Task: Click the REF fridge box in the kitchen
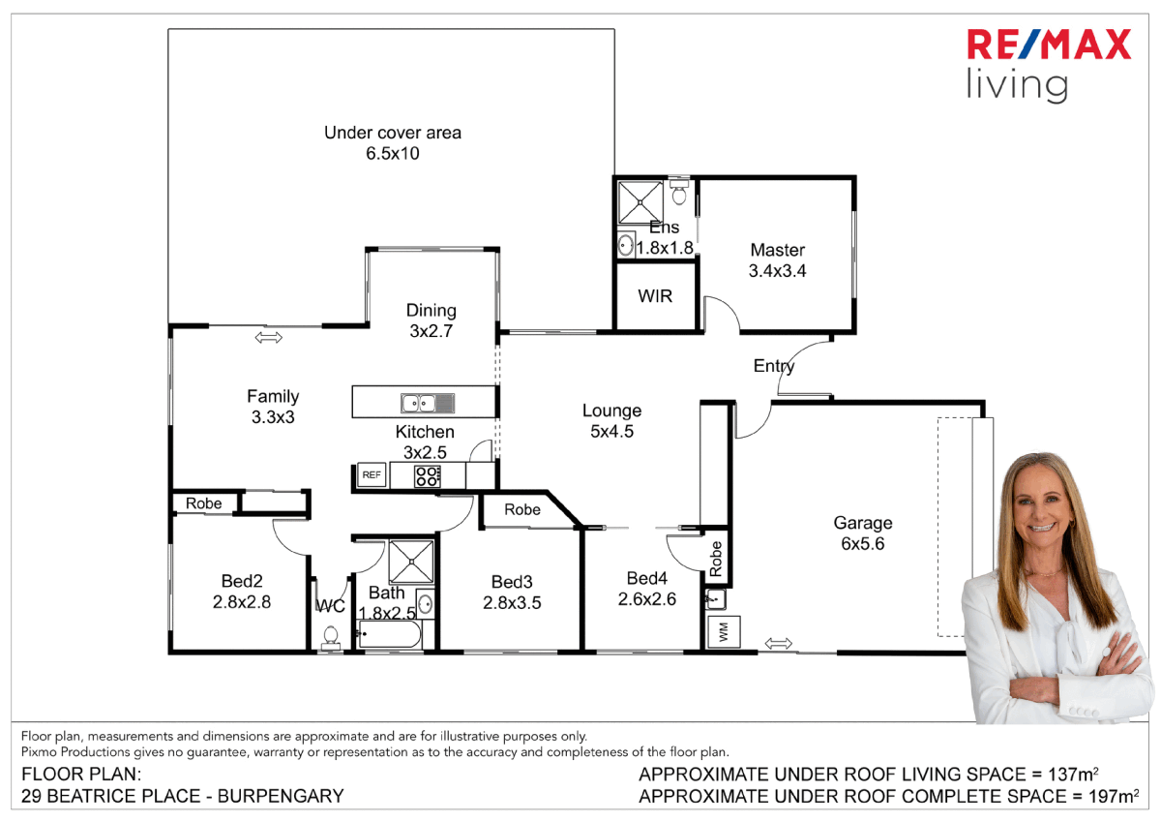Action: pyautogui.click(x=372, y=475)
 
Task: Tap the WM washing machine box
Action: pyautogui.click(x=721, y=632)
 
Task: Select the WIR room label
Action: pyautogui.click(x=655, y=296)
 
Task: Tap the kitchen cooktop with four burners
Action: pyautogui.click(x=427, y=475)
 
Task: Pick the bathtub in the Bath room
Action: pyautogui.click(x=389, y=636)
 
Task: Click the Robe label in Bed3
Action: pyautogui.click(x=522, y=509)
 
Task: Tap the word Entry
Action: pyautogui.click(x=774, y=366)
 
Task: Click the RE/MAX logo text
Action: pyautogui.click(x=1049, y=46)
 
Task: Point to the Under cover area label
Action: pyautogui.click(x=393, y=133)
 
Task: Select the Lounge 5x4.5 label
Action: pyautogui.click(x=611, y=421)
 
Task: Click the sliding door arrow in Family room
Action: pyautogui.click(x=269, y=337)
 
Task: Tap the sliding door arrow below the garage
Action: pyautogui.click(x=778, y=643)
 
